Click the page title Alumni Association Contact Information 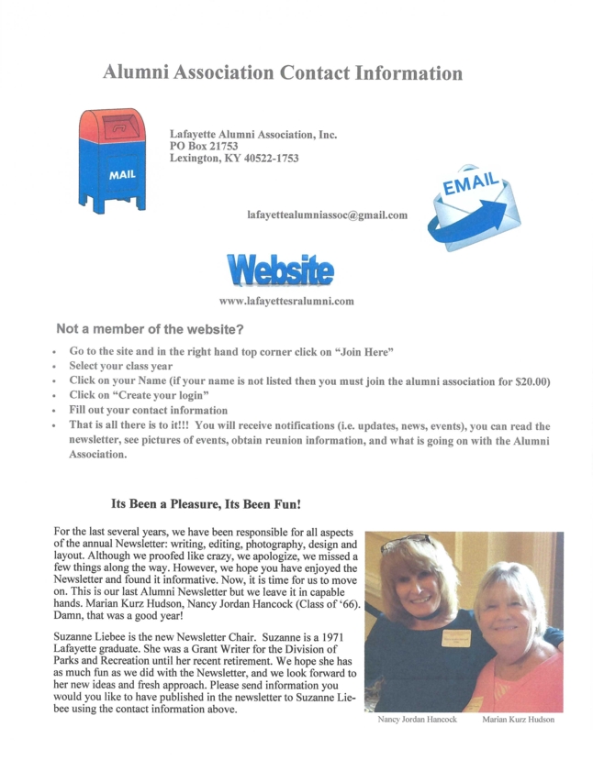click(282, 72)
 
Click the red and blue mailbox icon click(111, 160)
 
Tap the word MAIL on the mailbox click(121, 174)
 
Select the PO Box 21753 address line click(204, 146)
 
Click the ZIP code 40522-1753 click(266, 159)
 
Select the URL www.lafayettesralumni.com click(286, 301)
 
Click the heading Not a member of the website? click(150, 328)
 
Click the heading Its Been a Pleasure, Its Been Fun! click(207, 504)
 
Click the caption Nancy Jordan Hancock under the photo click(418, 720)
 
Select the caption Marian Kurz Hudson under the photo click(519, 720)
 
